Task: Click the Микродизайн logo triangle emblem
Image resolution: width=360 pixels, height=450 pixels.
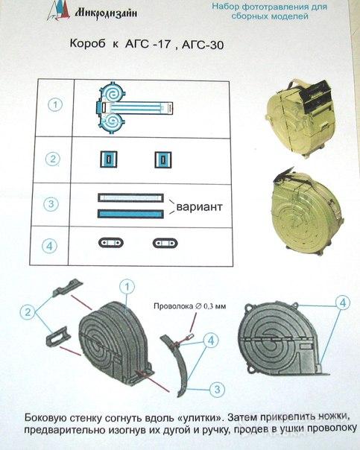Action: pos(58,10)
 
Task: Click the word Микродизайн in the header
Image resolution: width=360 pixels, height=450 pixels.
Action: pos(106,13)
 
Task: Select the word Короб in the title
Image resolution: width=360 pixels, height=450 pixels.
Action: pos(87,44)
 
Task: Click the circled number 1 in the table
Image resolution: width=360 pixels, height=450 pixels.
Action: pos(55,105)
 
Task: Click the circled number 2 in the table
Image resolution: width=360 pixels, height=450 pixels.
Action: pos(53,159)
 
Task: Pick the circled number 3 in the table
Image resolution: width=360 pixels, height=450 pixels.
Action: pos(51,203)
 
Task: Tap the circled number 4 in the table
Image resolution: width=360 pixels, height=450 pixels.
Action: pos(49,247)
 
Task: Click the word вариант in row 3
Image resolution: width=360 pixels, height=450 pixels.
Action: pos(199,206)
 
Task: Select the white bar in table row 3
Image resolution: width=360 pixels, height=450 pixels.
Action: pos(130,197)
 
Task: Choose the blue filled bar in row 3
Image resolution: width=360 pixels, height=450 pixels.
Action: pos(130,214)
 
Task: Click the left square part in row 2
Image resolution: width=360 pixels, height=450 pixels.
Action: pos(109,159)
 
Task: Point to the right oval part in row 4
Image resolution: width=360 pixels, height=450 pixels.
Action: pos(165,244)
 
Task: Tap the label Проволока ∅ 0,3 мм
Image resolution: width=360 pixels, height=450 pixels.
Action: pos(190,306)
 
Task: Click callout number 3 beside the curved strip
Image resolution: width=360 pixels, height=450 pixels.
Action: pos(218,390)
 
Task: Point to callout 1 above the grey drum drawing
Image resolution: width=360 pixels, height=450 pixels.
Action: pos(127,287)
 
